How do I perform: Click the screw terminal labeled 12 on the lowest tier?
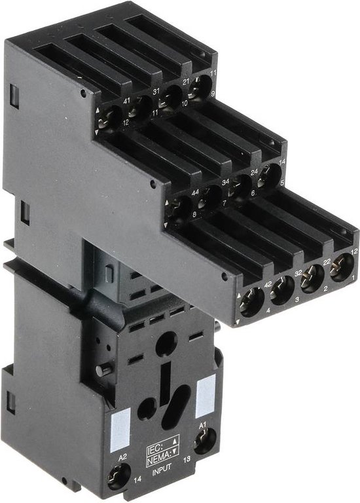point(341,268)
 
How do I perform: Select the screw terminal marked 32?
point(281,289)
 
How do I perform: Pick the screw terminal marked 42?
point(252,301)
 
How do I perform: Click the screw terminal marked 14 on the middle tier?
point(269,175)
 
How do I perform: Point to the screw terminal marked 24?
point(241,185)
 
